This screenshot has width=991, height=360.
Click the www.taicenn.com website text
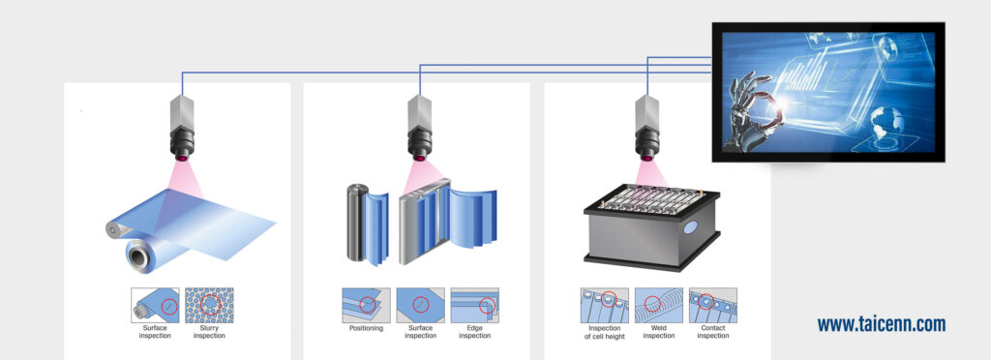click(x=881, y=325)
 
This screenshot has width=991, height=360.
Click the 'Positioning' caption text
click(x=366, y=329)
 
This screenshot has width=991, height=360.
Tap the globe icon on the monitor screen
click(x=886, y=122)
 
